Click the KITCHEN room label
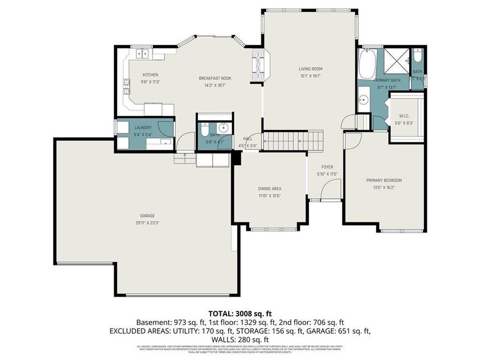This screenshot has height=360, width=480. [x=150, y=75]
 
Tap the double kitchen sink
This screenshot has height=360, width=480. [x=142, y=53]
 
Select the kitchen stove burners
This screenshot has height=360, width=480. [x=127, y=86]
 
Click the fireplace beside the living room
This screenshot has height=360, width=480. [x=259, y=65]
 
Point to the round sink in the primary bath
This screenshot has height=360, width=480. [x=364, y=99]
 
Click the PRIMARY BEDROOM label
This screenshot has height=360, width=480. [x=384, y=180]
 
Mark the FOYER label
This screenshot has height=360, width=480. [x=327, y=167]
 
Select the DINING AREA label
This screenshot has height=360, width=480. [x=269, y=188]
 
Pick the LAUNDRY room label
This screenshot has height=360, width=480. [x=143, y=127]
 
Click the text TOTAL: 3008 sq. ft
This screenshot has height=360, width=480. [x=239, y=314]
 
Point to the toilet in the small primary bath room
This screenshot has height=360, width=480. [x=418, y=55]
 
